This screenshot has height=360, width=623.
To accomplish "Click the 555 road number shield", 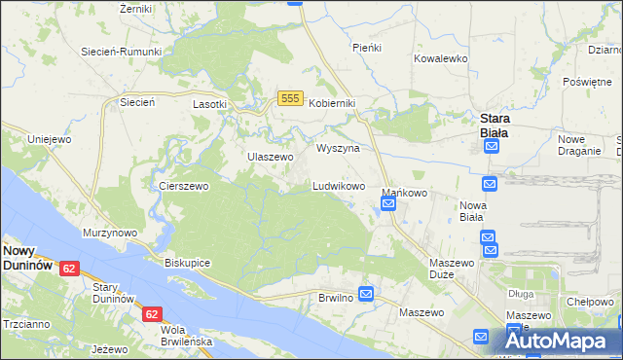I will (x=288, y=98).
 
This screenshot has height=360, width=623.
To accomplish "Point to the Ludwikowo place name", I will (x=339, y=185).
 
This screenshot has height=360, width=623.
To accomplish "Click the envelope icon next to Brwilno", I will (x=366, y=293).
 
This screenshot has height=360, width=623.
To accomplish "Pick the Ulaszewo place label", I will (x=270, y=157).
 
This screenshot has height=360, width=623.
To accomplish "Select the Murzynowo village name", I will (x=110, y=234).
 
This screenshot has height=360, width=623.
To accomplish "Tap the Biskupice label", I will (x=188, y=263).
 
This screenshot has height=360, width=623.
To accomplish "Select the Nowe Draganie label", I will (x=578, y=145).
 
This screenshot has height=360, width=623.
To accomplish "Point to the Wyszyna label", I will (x=339, y=148).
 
